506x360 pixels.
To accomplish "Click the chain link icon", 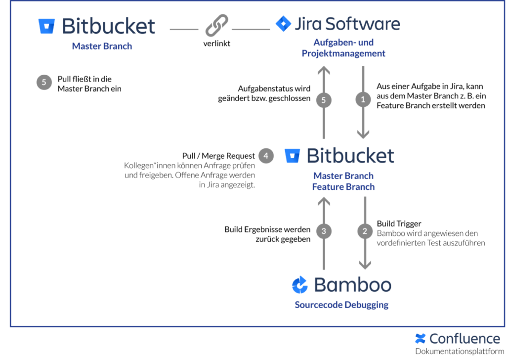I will pos(215,25).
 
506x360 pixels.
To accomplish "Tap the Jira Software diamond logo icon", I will pos(283,24).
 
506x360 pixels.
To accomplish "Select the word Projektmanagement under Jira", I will pos(343,53).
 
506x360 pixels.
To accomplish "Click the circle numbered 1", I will pos(363,100).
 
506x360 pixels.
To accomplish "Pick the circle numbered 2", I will pos(365,231).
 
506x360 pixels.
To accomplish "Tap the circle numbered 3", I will pos(324,231).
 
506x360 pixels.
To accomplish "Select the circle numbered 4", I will pos(266,156).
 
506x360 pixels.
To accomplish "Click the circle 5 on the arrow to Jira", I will pos(324,100).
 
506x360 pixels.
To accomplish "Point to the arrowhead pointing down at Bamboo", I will pos(365,265).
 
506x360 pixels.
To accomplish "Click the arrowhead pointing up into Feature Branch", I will pos(324,202).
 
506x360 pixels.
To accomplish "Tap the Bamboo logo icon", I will pos(300,285).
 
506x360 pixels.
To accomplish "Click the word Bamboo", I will pos(352,285).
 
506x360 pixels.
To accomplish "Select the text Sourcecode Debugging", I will pos(341,305).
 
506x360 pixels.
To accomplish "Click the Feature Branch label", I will pos(343,187).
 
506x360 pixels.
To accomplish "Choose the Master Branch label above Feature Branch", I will pos(343,176).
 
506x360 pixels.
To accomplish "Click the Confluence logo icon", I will pos(420,339).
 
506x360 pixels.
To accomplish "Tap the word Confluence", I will pos(464,339).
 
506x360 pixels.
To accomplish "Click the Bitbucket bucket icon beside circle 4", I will pos(292,156).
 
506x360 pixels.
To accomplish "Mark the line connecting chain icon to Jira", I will pos(251,29).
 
